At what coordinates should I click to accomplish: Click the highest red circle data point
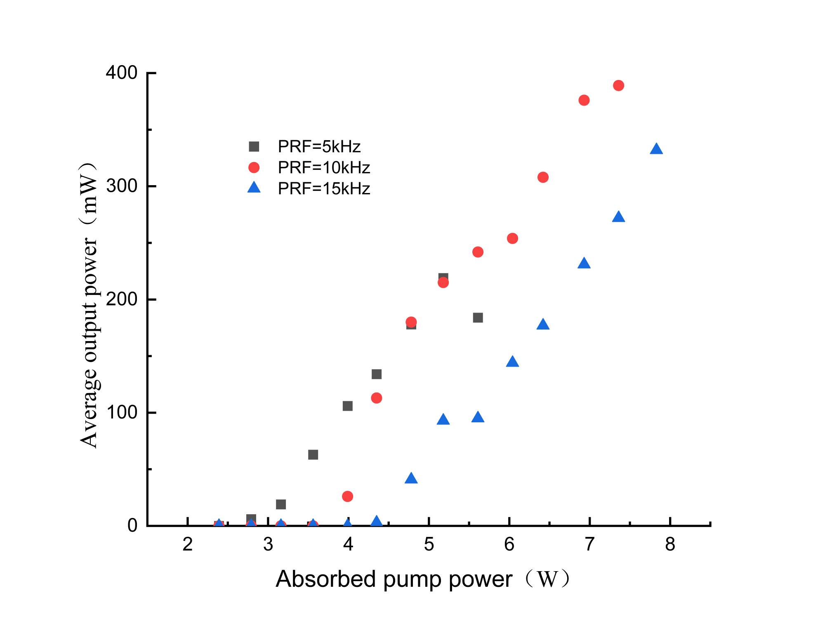tap(618, 86)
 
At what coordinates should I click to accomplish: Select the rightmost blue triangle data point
tap(656, 149)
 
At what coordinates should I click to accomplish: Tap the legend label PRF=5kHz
tap(319, 146)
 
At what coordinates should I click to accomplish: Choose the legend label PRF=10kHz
tap(324, 167)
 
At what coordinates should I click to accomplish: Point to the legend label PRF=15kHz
tap(324, 188)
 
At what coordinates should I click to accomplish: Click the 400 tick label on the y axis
tap(121, 73)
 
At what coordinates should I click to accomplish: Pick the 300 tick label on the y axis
tap(121, 186)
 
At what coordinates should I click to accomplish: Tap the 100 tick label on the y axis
tap(121, 412)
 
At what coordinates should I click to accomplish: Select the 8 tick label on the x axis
tap(670, 545)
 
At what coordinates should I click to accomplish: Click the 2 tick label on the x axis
tap(188, 545)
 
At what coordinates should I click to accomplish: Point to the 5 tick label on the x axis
tap(429, 545)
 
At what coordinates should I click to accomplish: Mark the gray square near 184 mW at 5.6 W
tap(478, 318)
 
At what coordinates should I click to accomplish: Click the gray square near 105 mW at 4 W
tap(347, 406)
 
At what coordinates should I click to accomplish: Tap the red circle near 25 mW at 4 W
tap(347, 496)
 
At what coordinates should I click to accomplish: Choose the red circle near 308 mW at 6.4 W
tap(543, 177)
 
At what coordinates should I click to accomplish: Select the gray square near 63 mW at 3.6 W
tap(313, 455)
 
